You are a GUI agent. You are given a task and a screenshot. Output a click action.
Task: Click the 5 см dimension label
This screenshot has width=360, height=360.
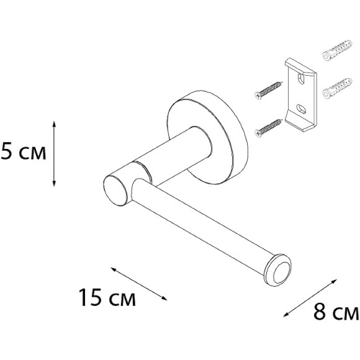[x=23, y=151]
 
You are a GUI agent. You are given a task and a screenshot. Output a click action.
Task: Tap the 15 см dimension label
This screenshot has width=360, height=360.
[x=107, y=297]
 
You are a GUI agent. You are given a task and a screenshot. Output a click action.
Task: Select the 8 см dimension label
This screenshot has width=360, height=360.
[x=336, y=312]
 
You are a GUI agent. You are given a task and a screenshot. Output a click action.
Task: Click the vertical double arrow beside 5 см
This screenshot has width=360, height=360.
[x=54, y=153]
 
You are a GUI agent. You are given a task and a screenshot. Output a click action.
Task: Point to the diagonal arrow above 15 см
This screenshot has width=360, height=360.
[x=139, y=284]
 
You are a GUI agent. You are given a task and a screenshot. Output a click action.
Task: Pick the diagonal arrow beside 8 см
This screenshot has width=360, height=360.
[x=310, y=298]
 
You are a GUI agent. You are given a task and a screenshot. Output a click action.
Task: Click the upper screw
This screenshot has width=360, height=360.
[x=268, y=90]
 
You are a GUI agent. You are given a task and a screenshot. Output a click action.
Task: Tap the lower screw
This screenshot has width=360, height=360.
[x=268, y=128]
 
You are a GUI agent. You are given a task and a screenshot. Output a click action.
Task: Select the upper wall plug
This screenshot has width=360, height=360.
[x=337, y=50]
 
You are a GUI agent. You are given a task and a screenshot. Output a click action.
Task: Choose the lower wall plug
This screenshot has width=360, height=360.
[x=337, y=88]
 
